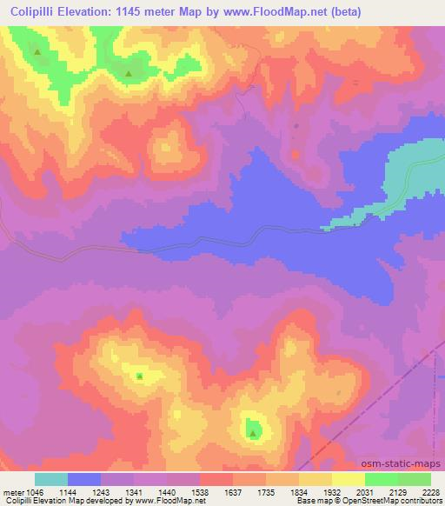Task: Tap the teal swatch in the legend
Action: click(51, 478)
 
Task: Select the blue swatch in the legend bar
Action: click(84, 478)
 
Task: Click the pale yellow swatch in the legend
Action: click(349, 478)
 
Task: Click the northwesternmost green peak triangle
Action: click(37, 52)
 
